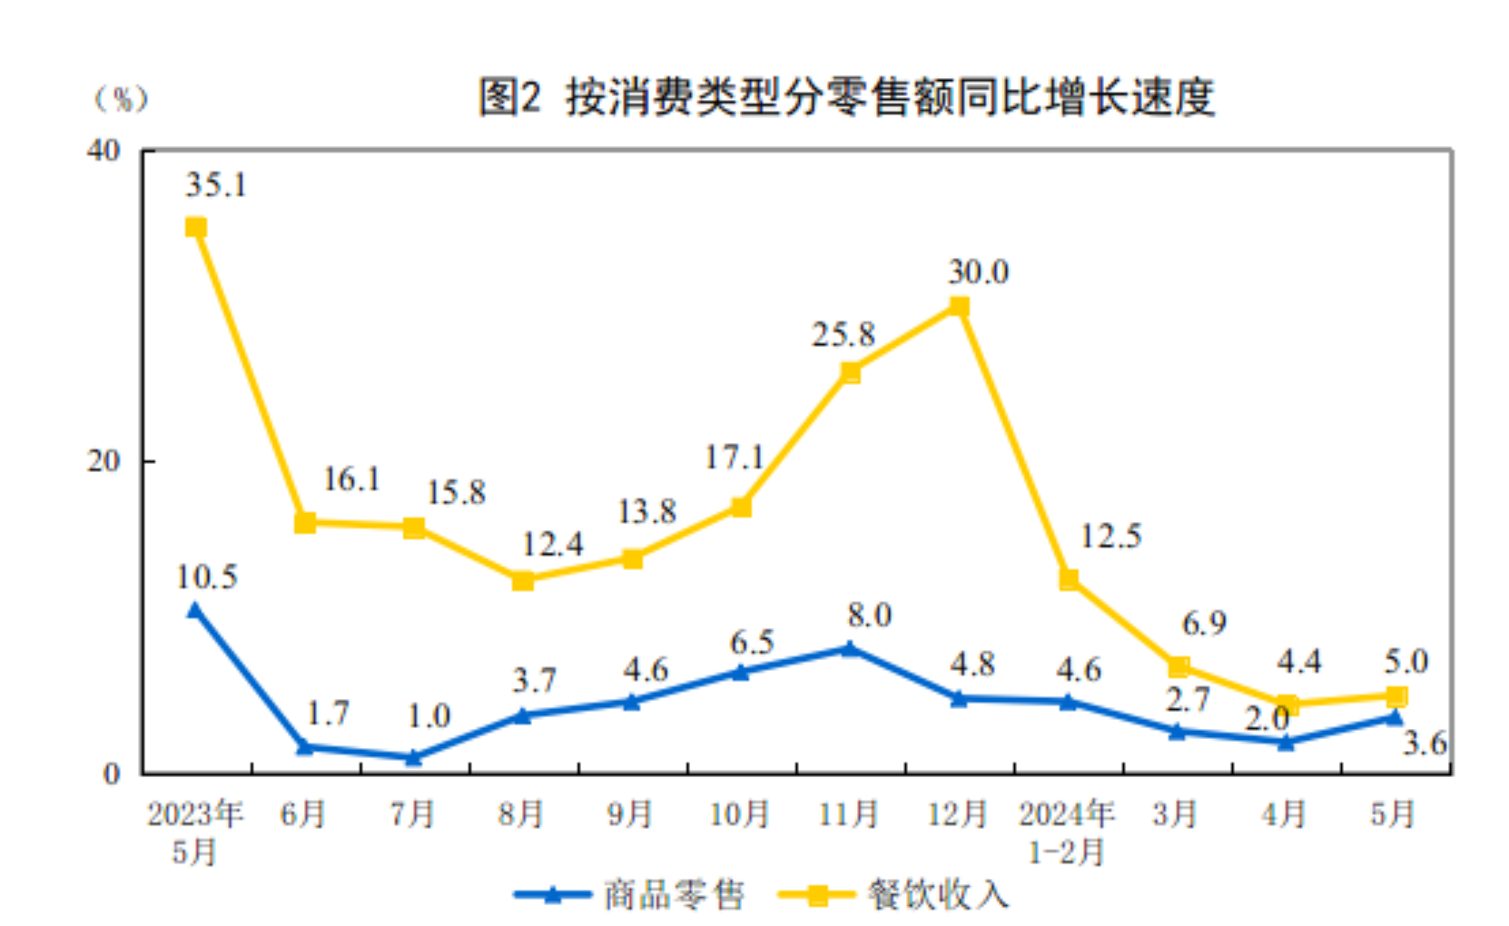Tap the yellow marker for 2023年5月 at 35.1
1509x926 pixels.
(x=196, y=227)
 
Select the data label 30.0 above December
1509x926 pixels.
(x=978, y=271)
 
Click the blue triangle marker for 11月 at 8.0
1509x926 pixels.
(x=850, y=648)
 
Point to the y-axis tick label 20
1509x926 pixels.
(x=104, y=461)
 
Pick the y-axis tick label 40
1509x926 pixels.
(x=104, y=151)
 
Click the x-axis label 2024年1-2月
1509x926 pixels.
(x=1067, y=832)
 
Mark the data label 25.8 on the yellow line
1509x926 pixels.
(x=843, y=335)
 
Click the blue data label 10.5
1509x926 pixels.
(x=207, y=576)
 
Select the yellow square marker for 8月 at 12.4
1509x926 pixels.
(x=523, y=580)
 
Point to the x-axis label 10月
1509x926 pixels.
(x=739, y=813)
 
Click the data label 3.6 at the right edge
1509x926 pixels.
(x=1424, y=744)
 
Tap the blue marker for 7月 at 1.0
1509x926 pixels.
(x=414, y=756)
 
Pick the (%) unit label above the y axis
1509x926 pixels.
(x=121, y=98)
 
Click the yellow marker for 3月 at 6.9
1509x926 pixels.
(x=1178, y=667)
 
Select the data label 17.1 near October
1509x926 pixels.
(x=734, y=457)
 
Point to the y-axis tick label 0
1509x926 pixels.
(x=112, y=773)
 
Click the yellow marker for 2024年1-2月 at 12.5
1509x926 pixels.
(x=1069, y=579)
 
